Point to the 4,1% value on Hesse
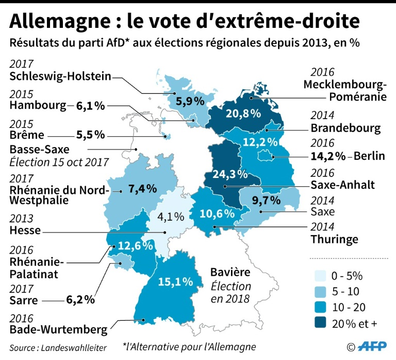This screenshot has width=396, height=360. (169, 217)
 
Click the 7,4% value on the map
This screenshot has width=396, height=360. (142, 189)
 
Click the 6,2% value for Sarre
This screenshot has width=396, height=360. (83, 299)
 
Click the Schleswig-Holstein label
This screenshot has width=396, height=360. (60, 77)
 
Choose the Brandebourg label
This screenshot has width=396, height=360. (345, 127)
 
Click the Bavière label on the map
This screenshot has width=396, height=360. (230, 271)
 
